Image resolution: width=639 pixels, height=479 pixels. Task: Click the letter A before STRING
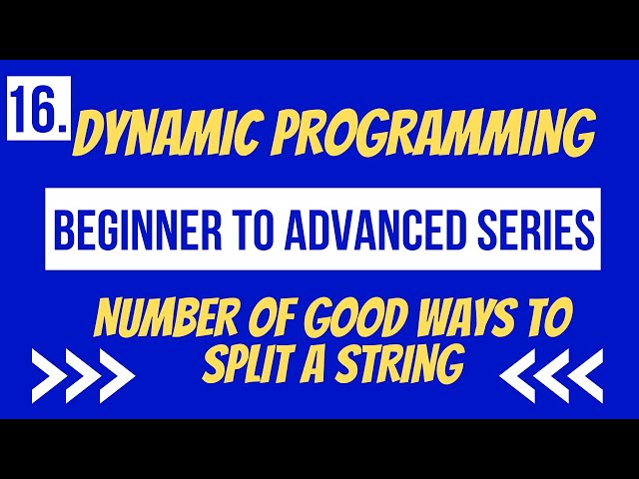tap(319, 366)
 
